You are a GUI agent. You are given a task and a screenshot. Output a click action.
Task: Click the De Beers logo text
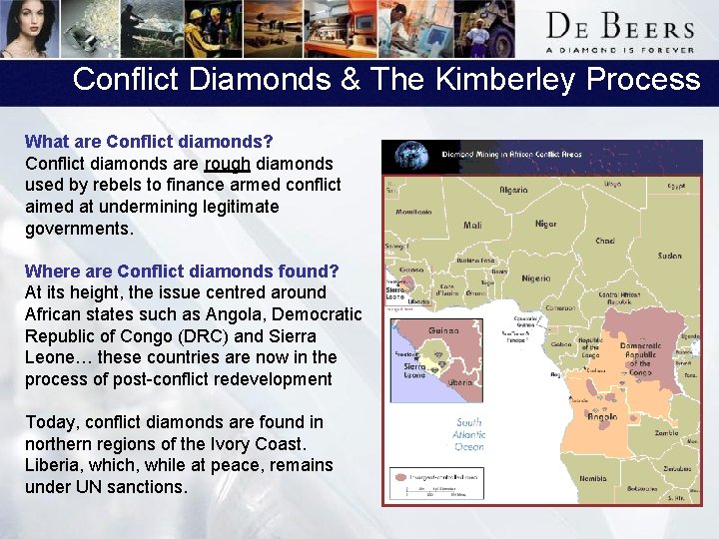pos(619,26)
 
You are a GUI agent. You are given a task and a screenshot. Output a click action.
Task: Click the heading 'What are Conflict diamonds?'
pos(149,142)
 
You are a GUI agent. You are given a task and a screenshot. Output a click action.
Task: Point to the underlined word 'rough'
pos(227,164)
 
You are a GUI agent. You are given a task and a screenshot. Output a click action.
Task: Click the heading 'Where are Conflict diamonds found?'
pos(182,271)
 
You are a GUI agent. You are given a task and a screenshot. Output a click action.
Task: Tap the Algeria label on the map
pos(514,190)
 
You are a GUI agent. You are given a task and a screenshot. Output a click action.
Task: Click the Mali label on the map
pos(472,226)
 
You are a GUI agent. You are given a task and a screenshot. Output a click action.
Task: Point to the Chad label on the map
pos(605,241)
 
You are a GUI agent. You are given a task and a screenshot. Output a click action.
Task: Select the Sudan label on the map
pos(669,256)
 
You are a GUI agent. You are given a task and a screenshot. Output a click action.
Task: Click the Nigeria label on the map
pos(535,278)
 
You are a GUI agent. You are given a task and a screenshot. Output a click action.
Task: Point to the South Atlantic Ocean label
pos(469,434)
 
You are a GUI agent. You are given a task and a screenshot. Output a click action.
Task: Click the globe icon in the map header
pos(410,155)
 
